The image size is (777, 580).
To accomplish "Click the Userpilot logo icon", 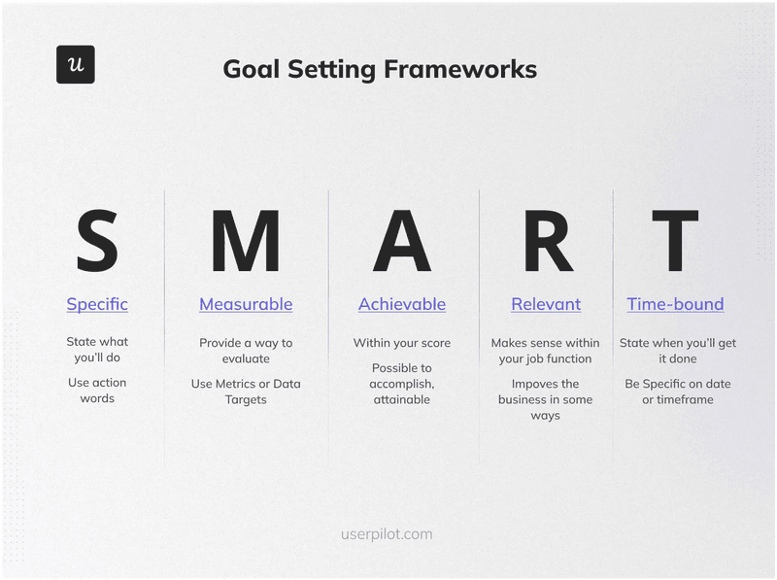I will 75,64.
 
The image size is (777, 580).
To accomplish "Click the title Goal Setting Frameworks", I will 379,69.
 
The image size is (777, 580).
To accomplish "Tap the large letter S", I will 97,241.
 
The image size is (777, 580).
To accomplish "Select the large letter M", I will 245,241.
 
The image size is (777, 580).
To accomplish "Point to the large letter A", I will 401,241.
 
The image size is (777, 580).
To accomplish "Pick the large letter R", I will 547,241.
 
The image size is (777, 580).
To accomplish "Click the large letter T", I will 675,241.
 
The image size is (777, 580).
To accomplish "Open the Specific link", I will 97,304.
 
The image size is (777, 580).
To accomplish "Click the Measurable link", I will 246,304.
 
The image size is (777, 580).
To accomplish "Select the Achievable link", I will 402,304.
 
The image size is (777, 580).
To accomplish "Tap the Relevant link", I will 546,304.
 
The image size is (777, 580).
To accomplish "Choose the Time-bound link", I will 675,304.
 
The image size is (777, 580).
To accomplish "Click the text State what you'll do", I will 97,350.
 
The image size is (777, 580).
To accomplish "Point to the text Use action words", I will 97,391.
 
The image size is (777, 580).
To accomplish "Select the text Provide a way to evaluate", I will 246,351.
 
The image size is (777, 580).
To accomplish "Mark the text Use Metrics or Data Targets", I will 246,392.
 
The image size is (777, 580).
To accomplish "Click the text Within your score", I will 402,343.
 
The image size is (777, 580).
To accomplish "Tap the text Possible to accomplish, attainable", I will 402,384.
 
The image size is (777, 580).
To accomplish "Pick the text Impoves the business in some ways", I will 545,399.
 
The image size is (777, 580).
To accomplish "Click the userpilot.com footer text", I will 387,534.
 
